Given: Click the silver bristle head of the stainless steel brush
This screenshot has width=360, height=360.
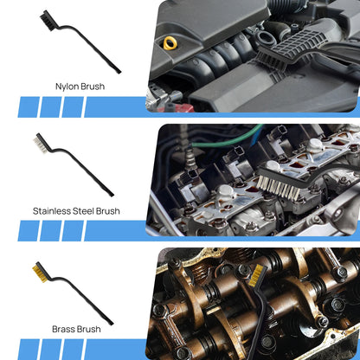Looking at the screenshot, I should pyautogui.click(x=40, y=140).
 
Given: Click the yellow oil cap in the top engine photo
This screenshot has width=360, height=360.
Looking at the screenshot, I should pyautogui.click(x=170, y=42).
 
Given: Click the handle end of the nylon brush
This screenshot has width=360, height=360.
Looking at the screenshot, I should pyautogui.click(x=118, y=70).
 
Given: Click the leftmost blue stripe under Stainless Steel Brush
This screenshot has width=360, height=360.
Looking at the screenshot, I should pyautogui.click(x=28, y=231).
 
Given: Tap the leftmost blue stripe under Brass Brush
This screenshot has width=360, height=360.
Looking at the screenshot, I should pyautogui.click(x=28, y=349).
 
